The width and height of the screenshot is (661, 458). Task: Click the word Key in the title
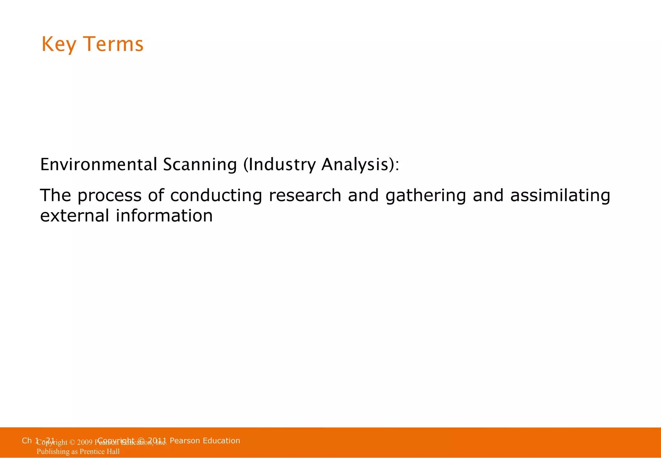point(59,44)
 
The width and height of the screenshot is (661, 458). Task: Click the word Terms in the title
point(113,44)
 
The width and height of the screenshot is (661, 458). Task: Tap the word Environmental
point(99,164)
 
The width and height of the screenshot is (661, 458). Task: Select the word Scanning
point(200,164)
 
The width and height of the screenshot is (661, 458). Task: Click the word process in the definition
point(109,196)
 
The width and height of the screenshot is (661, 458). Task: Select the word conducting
point(216,196)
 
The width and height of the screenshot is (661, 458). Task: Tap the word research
point(305,195)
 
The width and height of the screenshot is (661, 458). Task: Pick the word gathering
point(426,196)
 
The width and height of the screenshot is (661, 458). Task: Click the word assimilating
point(560,196)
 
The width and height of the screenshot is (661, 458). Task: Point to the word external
point(75,216)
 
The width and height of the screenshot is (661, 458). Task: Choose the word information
point(164,216)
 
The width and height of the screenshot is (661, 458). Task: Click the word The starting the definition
point(55,195)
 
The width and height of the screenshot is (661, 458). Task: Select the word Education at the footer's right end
point(221,441)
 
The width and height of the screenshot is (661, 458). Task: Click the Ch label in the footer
point(27,441)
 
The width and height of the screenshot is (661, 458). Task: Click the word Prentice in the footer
point(93,452)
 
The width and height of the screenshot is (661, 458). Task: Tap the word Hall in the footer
point(113,452)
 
